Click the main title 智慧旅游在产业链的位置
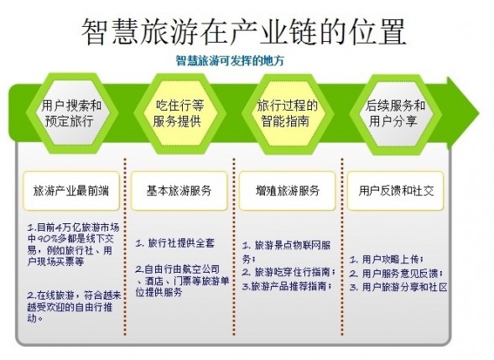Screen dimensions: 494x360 pyautogui.click(x=243, y=32)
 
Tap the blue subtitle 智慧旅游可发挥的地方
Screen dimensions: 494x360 pyautogui.click(x=230, y=60)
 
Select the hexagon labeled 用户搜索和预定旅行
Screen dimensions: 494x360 pyautogui.click(x=72, y=113)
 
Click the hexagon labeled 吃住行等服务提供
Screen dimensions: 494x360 pyautogui.click(x=179, y=113)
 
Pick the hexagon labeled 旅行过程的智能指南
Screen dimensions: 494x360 pyautogui.click(x=288, y=113)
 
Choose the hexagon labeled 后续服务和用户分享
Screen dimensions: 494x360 pyautogui.click(x=395, y=113)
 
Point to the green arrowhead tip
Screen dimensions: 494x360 pyautogui.click(x=479, y=112)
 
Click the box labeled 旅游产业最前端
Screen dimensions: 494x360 pyautogui.click(x=71, y=190)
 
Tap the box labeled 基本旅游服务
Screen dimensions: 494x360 pyautogui.click(x=179, y=190)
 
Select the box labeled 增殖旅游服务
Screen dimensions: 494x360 pyautogui.click(x=288, y=190)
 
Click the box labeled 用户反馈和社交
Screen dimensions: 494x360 pyautogui.click(x=396, y=190)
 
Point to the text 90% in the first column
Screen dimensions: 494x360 pyautogui.click(x=47, y=238)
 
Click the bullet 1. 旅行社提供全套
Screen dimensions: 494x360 pyautogui.click(x=174, y=243)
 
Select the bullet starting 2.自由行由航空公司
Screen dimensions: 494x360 pyautogui.click(x=182, y=280)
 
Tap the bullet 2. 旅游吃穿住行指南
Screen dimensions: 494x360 pyautogui.click(x=289, y=272)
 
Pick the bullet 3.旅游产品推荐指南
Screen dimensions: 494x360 pyautogui.click(x=288, y=286)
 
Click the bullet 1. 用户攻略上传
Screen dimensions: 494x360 pyautogui.click(x=387, y=259)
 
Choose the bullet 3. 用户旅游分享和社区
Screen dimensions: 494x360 pyautogui.click(x=398, y=287)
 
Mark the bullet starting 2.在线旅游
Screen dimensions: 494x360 pyautogui.click(x=74, y=307)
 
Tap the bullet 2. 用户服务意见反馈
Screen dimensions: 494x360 pyautogui.click(x=397, y=274)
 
